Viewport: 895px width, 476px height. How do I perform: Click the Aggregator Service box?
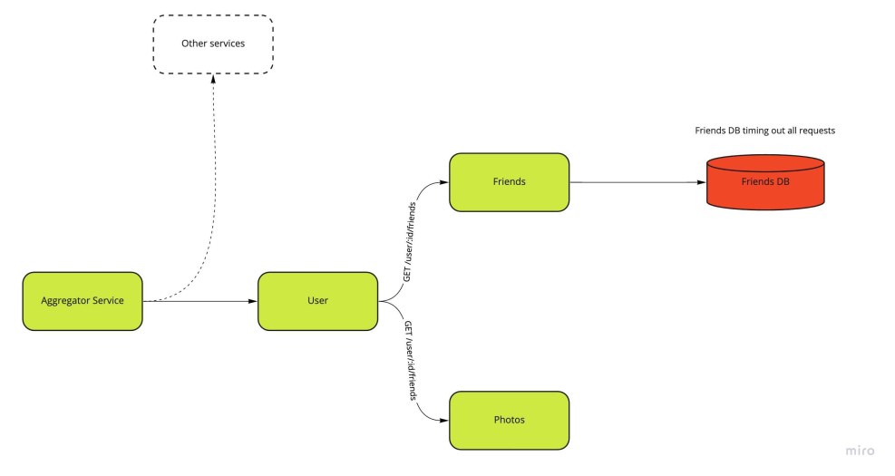point(83,301)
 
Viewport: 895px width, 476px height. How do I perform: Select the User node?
point(317,301)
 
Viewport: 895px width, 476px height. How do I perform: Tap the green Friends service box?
point(509,182)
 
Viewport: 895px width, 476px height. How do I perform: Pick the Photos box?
point(509,420)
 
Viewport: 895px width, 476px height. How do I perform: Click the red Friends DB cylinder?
point(765,182)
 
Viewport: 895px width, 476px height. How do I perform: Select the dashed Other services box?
point(213,44)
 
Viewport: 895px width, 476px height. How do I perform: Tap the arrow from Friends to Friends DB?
point(635,182)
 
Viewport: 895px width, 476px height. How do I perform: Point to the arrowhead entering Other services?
point(213,79)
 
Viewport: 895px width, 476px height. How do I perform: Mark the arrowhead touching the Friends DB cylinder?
point(702,182)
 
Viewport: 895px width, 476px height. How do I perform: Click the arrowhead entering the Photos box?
point(444,421)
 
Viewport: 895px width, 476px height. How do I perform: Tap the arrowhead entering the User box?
point(253,301)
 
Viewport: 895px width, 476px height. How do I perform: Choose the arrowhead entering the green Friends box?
point(444,182)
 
